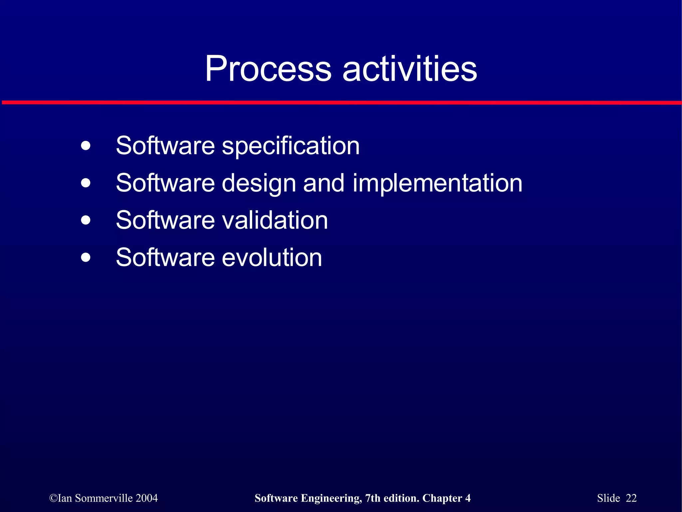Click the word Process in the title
(268, 69)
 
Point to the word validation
(275, 220)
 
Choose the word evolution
(272, 257)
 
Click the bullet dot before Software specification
(86, 146)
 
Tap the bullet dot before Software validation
(86, 220)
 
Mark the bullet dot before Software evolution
(86, 257)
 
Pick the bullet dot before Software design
(86, 183)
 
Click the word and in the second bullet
(323, 183)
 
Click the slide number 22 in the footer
(631, 498)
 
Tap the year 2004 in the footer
(147, 498)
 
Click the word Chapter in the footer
(442, 498)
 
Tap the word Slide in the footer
(608, 498)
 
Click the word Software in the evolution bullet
(165, 257)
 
